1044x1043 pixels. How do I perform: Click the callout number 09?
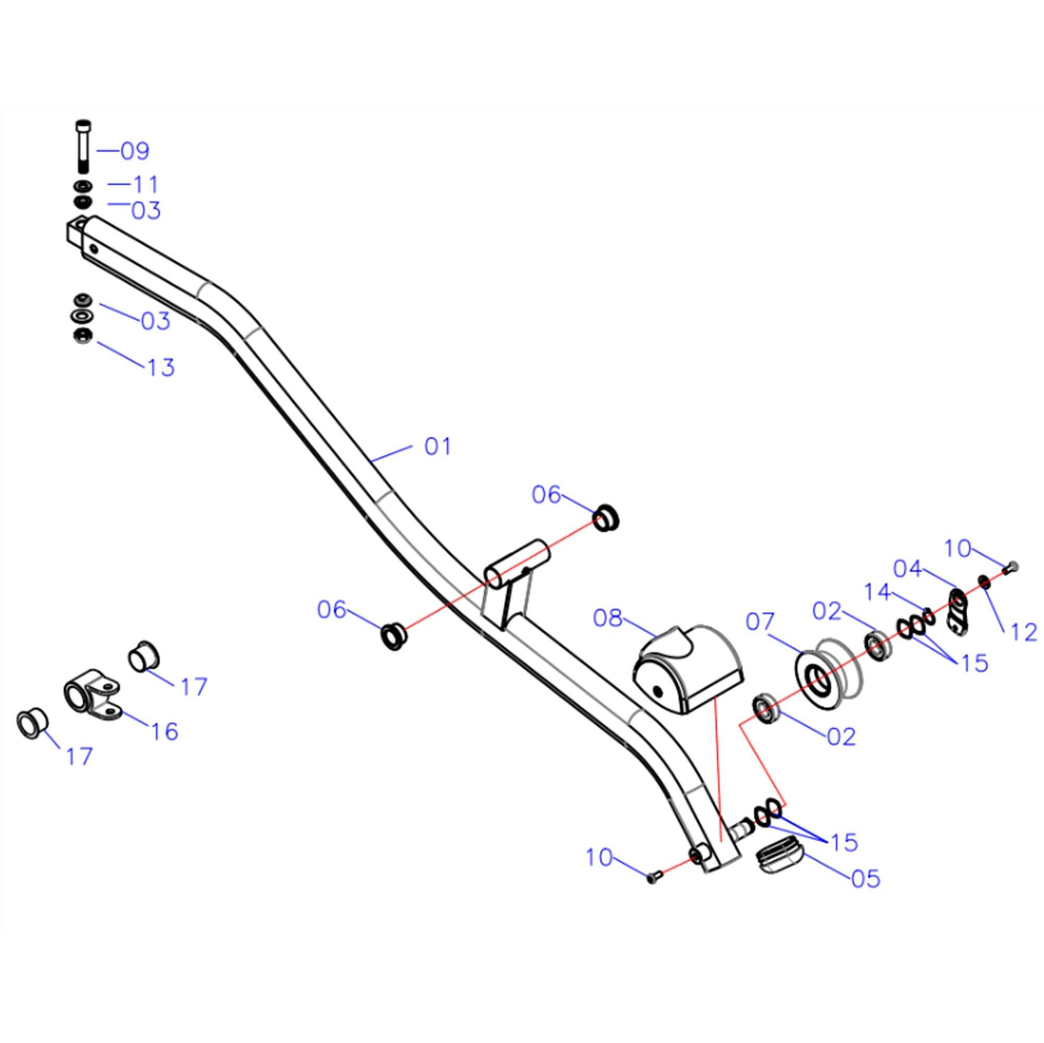click(135, 152)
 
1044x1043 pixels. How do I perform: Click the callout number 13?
click(161, 367)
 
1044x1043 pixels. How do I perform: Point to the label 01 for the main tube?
click(437, 447)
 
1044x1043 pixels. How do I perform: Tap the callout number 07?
click(760, 622)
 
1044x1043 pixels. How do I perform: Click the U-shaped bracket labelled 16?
click(92, 697)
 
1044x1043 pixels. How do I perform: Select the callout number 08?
click(608, 618)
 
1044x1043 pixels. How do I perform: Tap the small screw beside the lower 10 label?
click(653, 878)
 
